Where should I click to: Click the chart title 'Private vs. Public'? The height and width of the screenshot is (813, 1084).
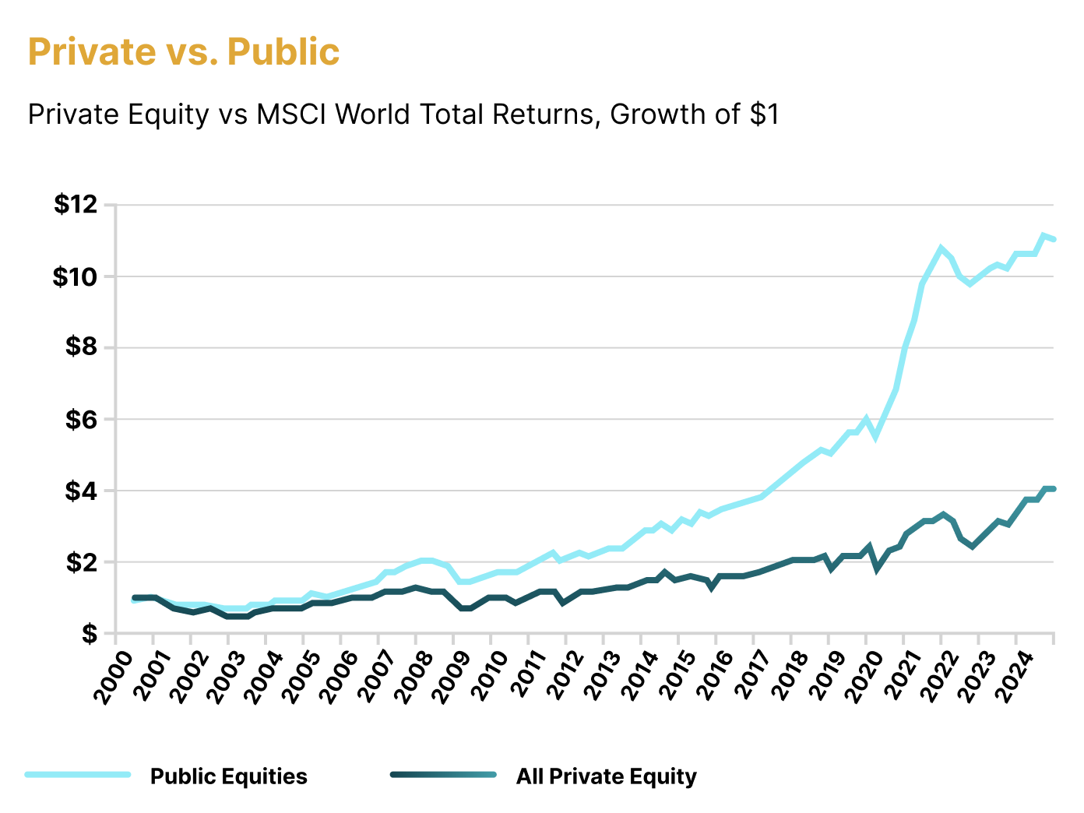184,51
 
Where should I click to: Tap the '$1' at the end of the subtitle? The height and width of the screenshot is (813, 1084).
764,114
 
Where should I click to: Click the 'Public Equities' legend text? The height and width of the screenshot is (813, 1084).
228,776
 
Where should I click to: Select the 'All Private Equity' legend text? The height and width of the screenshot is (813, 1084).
606,776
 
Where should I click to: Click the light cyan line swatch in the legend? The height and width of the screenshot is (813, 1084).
78,775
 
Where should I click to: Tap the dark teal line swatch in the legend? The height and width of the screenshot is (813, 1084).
443,775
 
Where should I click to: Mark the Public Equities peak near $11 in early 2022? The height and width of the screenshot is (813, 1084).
941,248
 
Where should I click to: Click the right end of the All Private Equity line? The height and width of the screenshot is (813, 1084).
1053,489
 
